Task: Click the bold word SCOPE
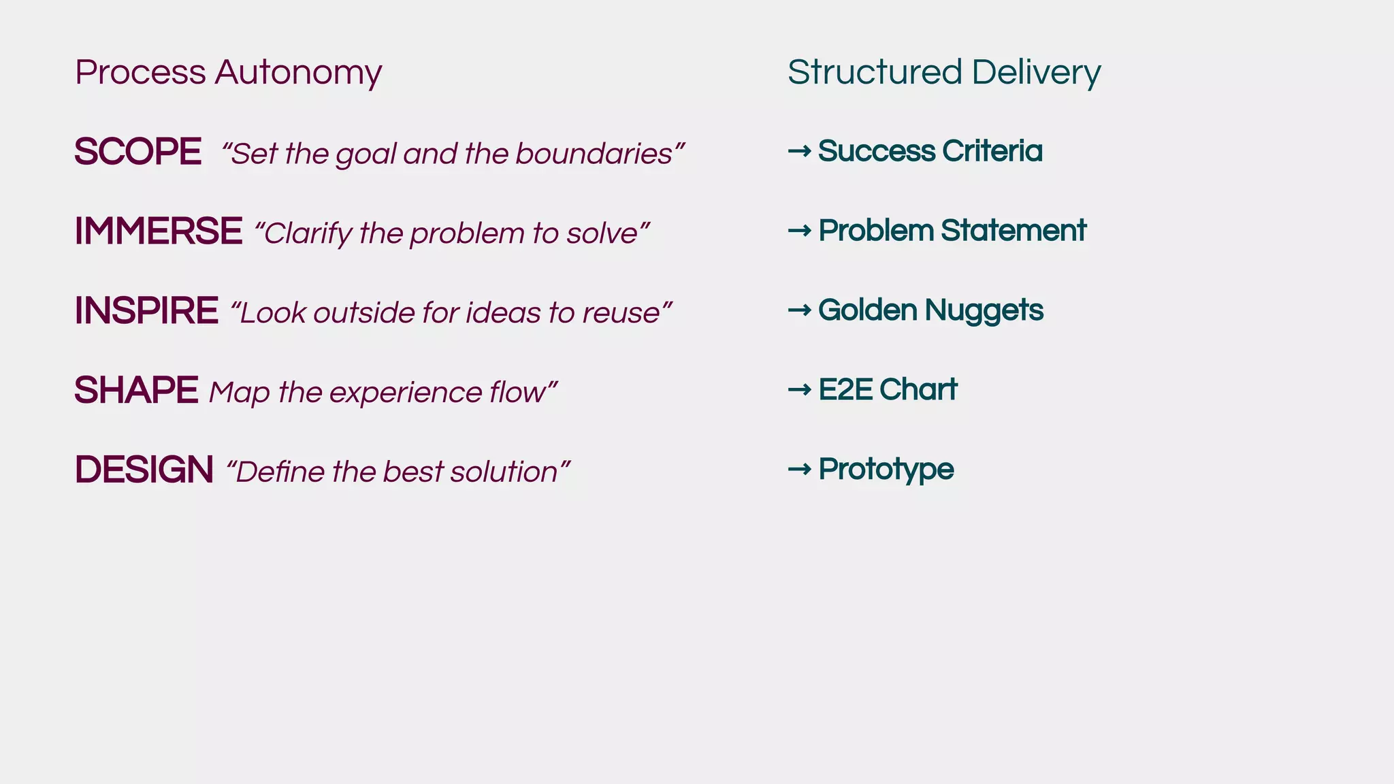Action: (137, 151)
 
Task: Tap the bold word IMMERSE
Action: (158, 231)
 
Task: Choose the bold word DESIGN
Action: (144, 470)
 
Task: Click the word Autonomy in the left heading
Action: (298, 73)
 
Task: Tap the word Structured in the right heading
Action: (875, 72)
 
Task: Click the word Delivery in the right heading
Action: (1036, 73)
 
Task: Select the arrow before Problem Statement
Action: (799, 231)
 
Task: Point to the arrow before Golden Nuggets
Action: (799, 310)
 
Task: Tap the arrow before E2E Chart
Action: (799, 390)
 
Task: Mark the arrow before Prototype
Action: (799, 469)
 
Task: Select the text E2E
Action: (845, 390)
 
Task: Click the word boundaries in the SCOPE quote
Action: (594, 154)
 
